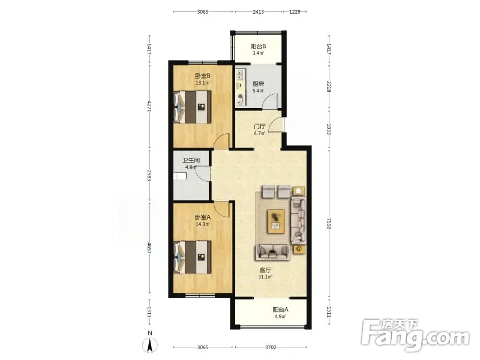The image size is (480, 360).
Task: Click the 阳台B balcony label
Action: point(258,47)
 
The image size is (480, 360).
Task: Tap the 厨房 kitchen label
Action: point(258,84)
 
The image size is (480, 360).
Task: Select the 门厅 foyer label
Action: point(260,127)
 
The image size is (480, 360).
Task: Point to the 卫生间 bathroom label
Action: point(191,160)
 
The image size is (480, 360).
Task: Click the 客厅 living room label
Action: point(265,271)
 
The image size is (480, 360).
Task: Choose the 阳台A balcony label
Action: point(280,310)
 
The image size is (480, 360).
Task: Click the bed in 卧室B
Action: point(193,107)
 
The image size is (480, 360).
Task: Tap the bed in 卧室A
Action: point(193,257)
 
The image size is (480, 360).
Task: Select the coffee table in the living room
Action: point(276,221)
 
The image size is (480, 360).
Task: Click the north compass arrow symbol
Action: point(150,346)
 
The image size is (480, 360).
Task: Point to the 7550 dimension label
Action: point(329,224)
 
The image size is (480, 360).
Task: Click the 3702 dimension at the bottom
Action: point(271,347)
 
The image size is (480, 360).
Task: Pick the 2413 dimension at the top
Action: point(258,12)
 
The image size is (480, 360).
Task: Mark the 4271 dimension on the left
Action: point(149,106)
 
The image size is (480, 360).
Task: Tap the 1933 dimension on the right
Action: point(329,129)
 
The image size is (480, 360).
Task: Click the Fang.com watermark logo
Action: point(415,335)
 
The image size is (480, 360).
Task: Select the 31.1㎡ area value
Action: point(265,277)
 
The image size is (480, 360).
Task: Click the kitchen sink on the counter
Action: point(241,74)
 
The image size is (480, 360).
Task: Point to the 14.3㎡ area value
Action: point(203,224)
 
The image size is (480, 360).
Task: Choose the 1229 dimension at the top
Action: point(295,12)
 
